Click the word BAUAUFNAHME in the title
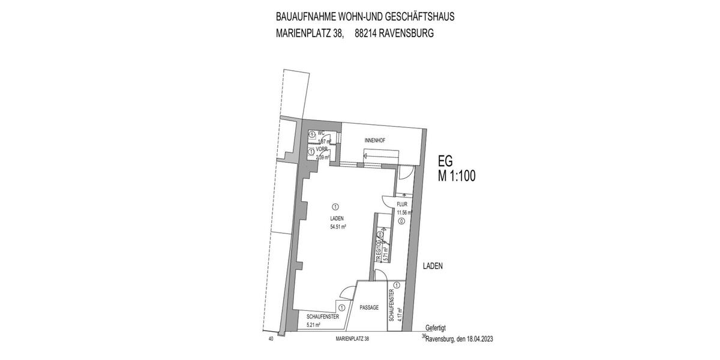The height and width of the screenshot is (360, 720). [303, 16]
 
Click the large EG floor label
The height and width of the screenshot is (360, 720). [445, 161]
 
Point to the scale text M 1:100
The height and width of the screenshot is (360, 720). [456, 176]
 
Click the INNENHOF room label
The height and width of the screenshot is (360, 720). [374, 140]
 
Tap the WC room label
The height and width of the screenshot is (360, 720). [321, 133]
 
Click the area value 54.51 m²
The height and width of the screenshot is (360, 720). [340, 227]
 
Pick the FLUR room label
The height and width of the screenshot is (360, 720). [402, 205]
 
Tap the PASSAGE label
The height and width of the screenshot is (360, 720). [369, 307]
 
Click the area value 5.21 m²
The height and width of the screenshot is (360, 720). [313, 325]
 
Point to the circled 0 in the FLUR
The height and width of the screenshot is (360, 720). [401, 221]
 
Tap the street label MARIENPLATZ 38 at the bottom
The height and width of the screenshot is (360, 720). [352, 339]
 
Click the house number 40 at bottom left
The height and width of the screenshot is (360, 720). [271, 339]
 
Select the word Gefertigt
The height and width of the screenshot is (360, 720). [436, 328]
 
